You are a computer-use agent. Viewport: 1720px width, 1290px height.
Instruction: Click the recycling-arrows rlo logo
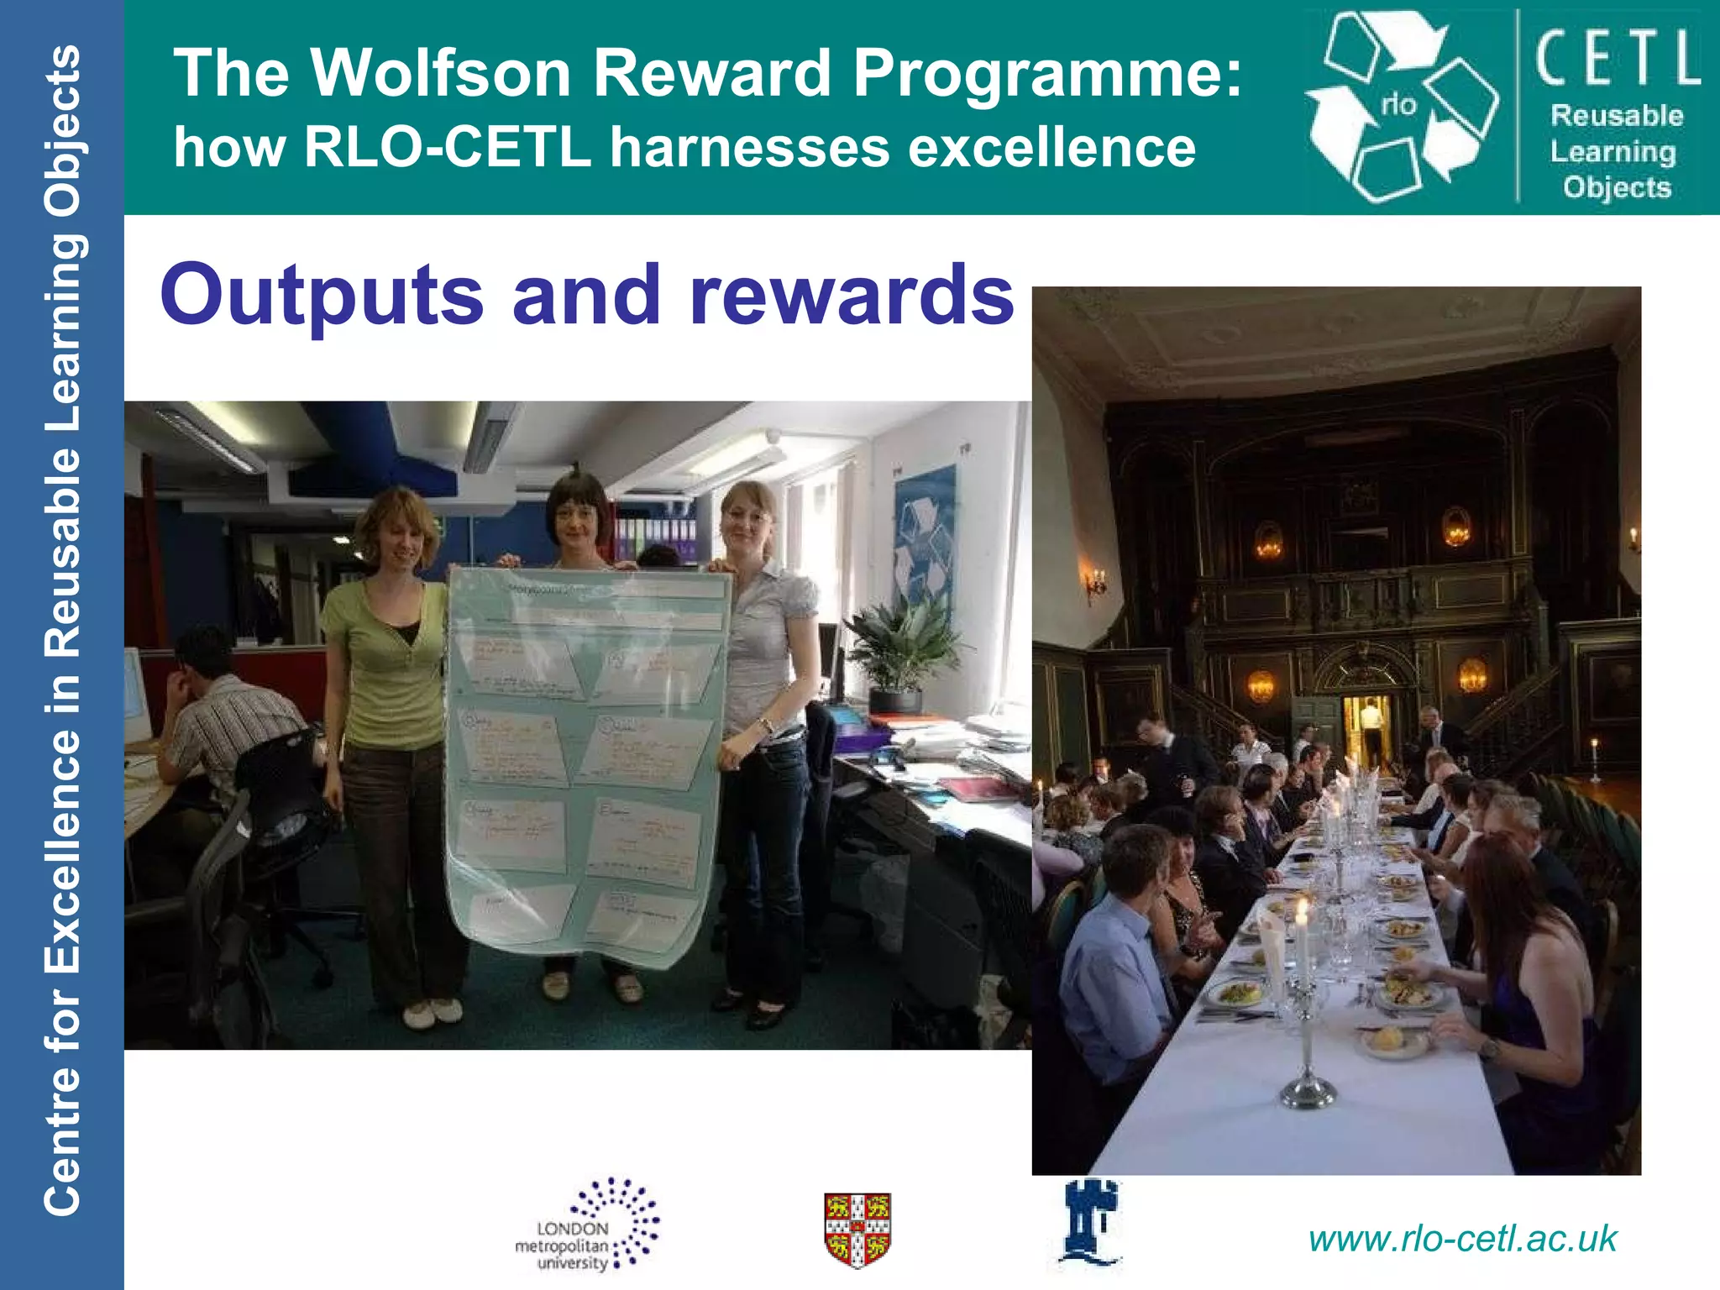coord(1401,107)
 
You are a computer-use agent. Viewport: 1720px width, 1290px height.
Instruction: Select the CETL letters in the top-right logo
coord(1617,58)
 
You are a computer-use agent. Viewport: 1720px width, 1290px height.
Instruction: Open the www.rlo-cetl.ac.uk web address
coord(1462,1240)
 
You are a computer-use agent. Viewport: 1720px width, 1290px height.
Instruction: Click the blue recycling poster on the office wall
coord(924,537)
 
